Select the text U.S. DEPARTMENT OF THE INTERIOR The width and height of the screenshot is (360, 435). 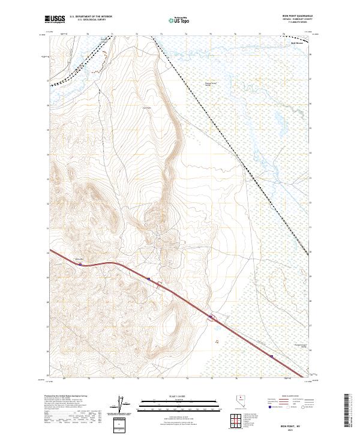[x=91, y=17]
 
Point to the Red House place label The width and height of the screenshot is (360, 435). [x=298, y=43]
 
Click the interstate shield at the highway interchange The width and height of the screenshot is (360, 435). [x=211, y=316]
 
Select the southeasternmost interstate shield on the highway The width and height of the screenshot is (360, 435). [x=271, y=356]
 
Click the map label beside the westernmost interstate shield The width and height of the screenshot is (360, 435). [x=77, y=257]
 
